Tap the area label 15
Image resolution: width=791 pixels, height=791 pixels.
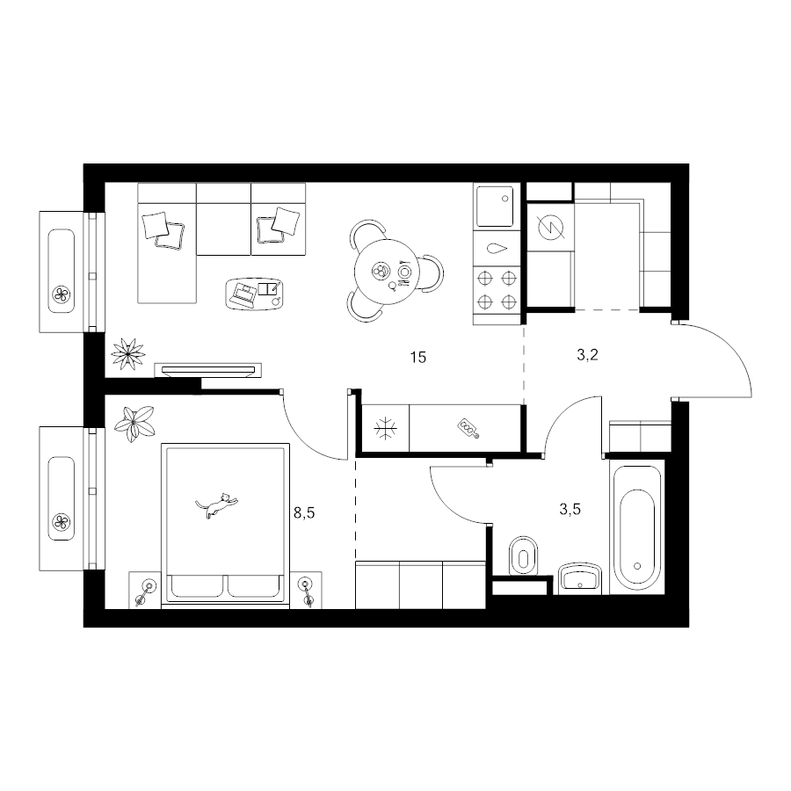pyautogui.click(x=418, y=358)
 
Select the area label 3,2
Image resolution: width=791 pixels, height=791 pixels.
pyautogui.click(x=587, y=355)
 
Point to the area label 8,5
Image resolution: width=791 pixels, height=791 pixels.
pyautogui.click(x=304, y=513)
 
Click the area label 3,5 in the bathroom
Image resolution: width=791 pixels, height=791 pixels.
pyautogui.click(x=570, y=510)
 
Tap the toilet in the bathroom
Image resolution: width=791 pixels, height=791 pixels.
pyautogui.click(x=524, y=555)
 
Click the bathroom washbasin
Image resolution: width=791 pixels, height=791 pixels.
pyautogui.click(x=580, y=578)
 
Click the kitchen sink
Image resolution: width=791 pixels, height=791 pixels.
pyautogui.click(x=495, y=207)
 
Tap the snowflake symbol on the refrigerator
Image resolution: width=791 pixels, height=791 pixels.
pyautogui.click(x=386, y=429)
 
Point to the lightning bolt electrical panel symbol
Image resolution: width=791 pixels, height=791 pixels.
pyautogui.click(x=550, y=228)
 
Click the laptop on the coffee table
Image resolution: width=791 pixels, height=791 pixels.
pyautogui.click(x=244, y=294)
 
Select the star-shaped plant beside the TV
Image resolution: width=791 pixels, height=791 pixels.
pyautogui.click(x=128, y=353)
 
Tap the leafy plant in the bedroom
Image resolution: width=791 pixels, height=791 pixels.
pyautogui.click(x=134, y=424)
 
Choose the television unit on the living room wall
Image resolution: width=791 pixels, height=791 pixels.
pyautogui.click(x=207, y=370)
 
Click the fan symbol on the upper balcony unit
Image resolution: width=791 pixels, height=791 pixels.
pyautogui.click(x=61, y=294)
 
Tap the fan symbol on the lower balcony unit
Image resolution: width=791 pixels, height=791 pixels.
pyautogui.click(x=61, y=521)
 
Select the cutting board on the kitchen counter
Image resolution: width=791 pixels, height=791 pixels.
pyautogui.click(x=468, y=428)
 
